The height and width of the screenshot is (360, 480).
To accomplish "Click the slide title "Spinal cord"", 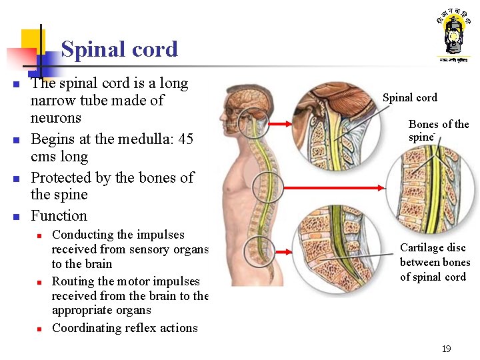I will pos(119,49).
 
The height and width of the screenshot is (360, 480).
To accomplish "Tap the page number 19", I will pos(446,349).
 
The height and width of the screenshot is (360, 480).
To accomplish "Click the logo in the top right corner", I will pos(453,37).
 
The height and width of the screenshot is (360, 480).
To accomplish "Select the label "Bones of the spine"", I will pos(438,130).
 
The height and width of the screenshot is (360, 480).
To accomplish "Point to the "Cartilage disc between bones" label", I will pos(435,262).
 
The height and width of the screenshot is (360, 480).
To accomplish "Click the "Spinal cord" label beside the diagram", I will pos(409,98).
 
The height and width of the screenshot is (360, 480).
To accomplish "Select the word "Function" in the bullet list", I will pos(59,215).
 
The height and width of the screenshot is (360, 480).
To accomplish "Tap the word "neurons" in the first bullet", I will pos(55,118).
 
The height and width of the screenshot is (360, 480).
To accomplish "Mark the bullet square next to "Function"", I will pos(15,217).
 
